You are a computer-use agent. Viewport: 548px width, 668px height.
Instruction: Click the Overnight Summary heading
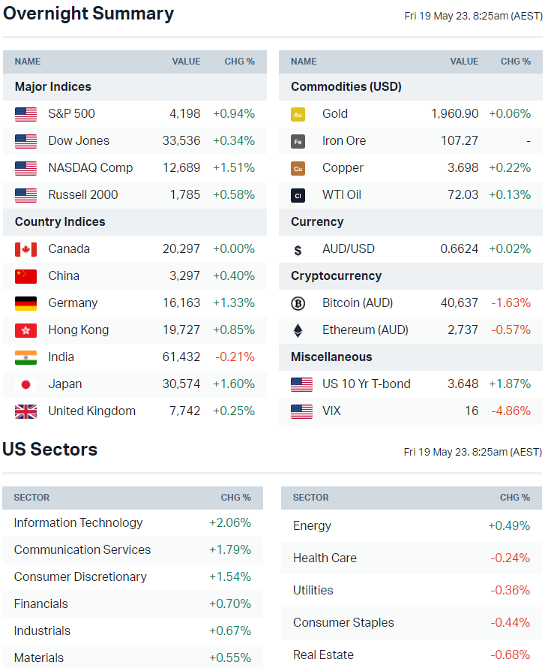coord(88,14)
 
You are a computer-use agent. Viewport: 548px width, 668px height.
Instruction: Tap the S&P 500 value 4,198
coord(184,114)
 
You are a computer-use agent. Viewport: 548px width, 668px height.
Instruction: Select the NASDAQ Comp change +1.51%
coord(233,168)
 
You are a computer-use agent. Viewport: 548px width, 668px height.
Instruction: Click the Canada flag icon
coord(25,249)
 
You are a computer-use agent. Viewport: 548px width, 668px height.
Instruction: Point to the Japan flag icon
coord(25,384)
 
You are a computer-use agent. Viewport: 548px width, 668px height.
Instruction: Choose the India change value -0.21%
coord(235,357)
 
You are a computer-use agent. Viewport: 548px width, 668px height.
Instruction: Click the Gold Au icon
coord(298,114)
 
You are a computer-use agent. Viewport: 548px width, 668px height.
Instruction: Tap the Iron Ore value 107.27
coord(460,141)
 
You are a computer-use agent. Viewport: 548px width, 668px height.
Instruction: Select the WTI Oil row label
coord(342,195)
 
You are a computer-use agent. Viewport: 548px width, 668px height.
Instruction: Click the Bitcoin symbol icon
coord(298,303)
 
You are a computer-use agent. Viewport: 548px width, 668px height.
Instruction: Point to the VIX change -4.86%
coord(511,411)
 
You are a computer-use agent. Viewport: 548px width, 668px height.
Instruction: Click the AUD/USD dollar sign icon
coord(298,250)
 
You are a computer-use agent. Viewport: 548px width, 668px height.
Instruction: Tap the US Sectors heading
coord(50,450)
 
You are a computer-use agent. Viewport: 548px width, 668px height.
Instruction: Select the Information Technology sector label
coord(78,523)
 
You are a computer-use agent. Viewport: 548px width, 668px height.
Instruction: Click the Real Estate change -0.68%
coord(510,655)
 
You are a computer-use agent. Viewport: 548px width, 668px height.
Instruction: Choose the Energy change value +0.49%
coord(509,526)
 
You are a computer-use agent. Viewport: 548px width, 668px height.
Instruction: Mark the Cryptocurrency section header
coord(336,276)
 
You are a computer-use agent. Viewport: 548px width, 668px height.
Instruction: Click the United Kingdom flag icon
coord(25,411)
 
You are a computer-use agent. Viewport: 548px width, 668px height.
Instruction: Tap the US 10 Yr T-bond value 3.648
coord(463,384)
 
